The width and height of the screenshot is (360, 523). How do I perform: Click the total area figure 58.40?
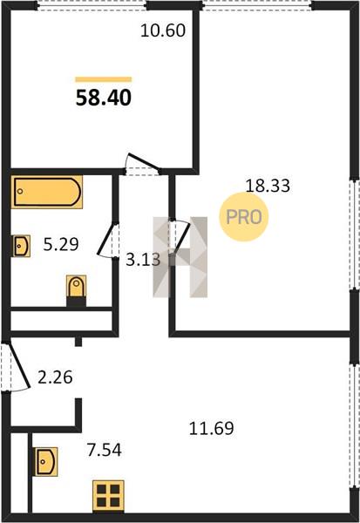click(104, 98)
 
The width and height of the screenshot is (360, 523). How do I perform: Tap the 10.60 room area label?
click(163, 31)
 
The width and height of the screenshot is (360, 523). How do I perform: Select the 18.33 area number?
click(268, 186)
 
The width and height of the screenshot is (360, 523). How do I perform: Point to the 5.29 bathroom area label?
click(61, 244)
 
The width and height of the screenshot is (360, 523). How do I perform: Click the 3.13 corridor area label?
click(143, 260)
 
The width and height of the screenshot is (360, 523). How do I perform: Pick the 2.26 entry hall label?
click(55, 377)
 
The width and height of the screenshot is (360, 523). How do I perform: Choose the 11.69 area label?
click(212, 428)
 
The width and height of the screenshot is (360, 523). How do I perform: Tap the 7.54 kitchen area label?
click(104, 450)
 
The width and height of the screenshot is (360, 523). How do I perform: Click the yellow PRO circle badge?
click(244, 217)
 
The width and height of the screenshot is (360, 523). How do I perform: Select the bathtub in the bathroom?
click(47, 192)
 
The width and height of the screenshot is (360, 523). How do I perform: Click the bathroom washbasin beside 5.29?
click(21, 246)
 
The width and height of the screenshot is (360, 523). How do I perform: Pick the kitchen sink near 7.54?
click(46, 462)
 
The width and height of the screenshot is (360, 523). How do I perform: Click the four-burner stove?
click(108, 496)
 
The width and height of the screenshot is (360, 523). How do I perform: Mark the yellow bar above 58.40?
click(104, 79)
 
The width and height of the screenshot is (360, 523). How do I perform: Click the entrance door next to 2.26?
click(17, 366)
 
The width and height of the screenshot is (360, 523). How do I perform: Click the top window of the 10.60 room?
click(92, 6)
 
